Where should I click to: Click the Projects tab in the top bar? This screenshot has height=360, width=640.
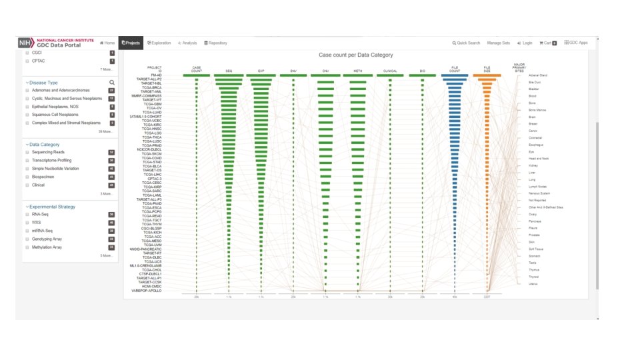click(x=131, y=43)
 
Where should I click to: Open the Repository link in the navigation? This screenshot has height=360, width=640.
click(x=215, y=43)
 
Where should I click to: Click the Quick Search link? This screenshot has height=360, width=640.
click(x=466, y=43)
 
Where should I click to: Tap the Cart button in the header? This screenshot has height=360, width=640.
click(x=547, y=43)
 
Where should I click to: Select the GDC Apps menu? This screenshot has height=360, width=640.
click(x=576, y=43)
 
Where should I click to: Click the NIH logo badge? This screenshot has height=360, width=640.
click(x=27, y=43)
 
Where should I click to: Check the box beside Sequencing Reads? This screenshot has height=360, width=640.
click(x=27, y=152)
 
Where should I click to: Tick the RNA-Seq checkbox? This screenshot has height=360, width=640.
click(x=27, y=215)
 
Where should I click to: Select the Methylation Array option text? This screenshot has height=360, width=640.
click(x=48, y=247)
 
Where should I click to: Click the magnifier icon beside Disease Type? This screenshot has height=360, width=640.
click(x=112, y=83)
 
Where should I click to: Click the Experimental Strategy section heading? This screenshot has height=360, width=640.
click(x=52, y=207)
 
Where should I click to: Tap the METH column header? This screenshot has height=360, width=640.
click(x=358, y=70)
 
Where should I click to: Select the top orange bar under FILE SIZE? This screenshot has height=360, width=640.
click(x=487, y=75)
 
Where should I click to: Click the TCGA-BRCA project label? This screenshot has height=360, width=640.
click(x=152, y=87)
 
